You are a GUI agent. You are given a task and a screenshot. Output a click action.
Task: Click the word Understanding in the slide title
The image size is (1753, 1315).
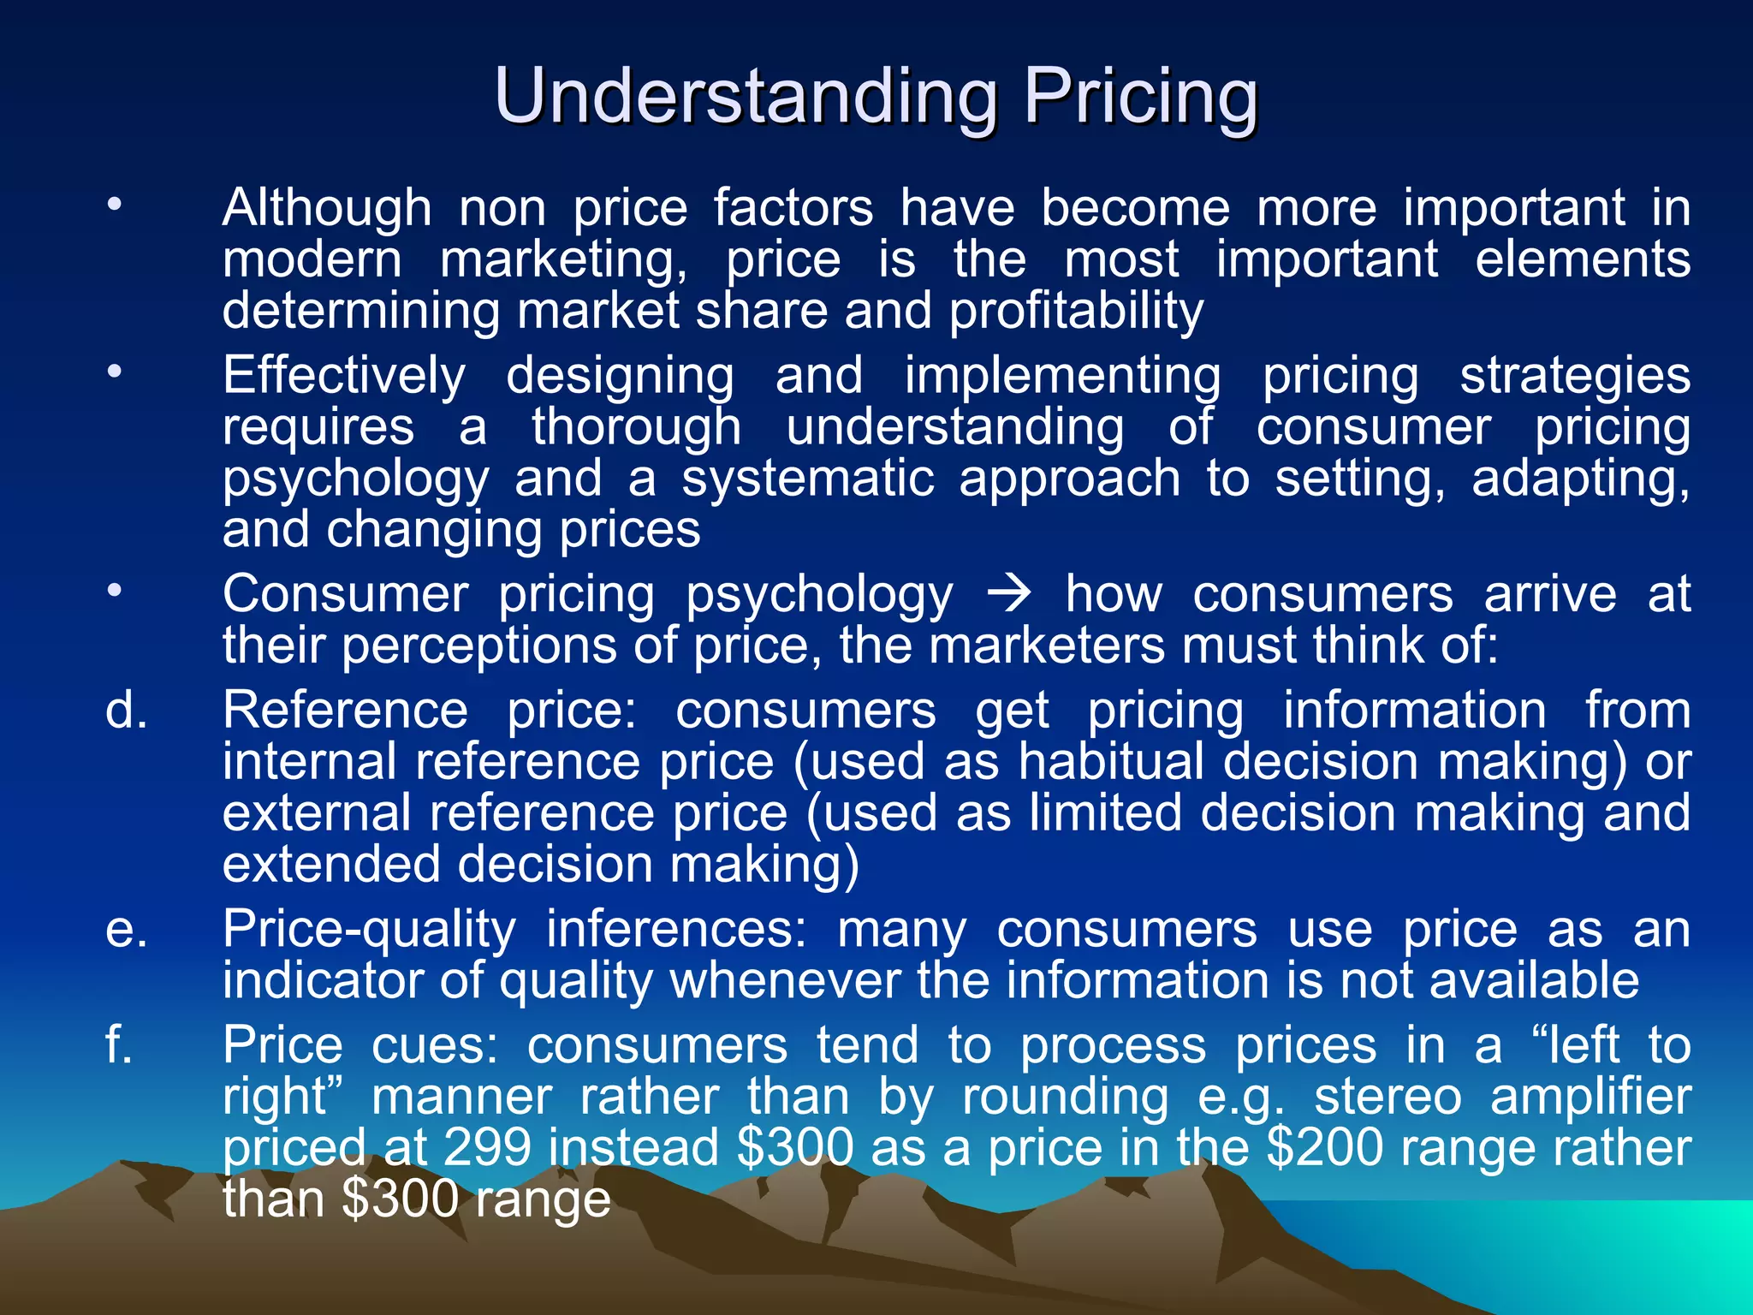click(745, 96)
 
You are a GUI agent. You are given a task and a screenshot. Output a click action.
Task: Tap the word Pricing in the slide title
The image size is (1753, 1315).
click(1141, 96)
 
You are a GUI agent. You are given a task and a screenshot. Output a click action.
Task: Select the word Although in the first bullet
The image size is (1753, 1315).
click(327, 208)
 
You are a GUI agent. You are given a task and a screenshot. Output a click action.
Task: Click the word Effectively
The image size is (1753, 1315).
click(344, 376)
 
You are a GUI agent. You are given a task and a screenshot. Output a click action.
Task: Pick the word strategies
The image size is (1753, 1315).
click(1575, 376)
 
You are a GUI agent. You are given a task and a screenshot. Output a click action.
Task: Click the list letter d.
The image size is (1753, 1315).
click(126, 711)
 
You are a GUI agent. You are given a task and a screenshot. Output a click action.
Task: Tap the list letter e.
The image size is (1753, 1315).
click(126, 929)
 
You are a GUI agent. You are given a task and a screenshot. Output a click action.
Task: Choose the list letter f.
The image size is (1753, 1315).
click(119, 1045)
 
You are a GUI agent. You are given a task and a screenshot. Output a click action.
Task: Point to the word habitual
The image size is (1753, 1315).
click(1110, 761)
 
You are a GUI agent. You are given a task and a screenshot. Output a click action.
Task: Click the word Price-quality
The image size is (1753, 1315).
click(369, 929)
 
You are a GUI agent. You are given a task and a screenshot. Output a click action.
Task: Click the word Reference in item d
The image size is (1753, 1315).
click(345, 711)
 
